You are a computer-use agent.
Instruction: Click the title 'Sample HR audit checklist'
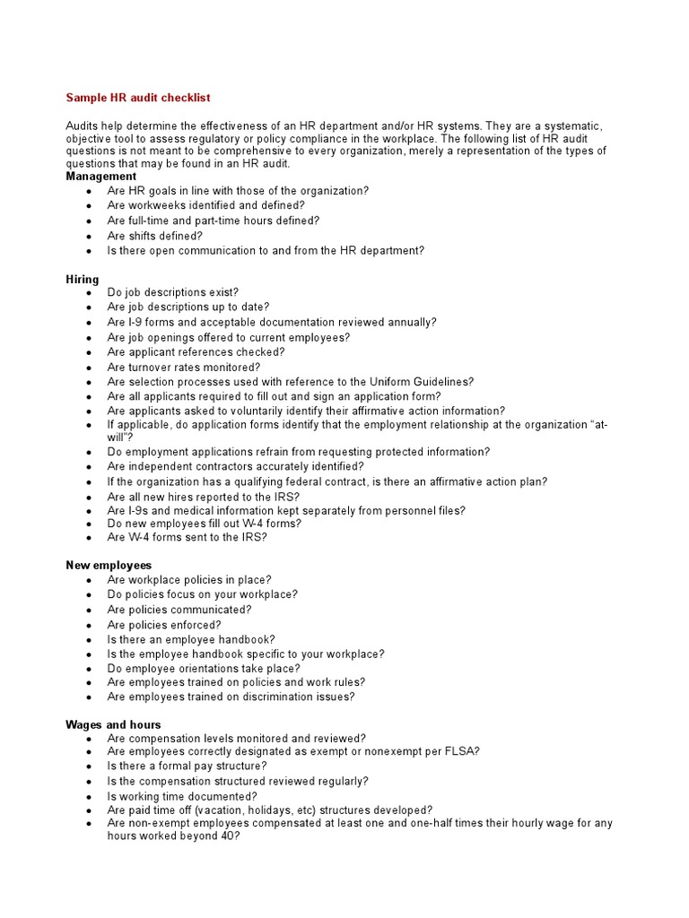pyautogui.click(x=138, y=97)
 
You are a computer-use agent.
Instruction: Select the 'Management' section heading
pyautogui.click(x=100, y=177)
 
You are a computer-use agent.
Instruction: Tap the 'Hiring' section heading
pyautogui.click(x=83, y=279)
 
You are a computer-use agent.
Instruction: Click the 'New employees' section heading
pyautogui.click(x=109, y=565)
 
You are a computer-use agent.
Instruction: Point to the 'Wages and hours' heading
pyautogui.click(x=113, y=723)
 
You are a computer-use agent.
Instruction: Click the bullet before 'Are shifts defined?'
pyautogui.click(x=88, y=237)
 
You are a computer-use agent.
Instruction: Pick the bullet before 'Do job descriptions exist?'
pyautogui.click(x=88, y=293)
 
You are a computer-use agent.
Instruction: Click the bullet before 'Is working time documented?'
pyautogui.click(x=88, y=796)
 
